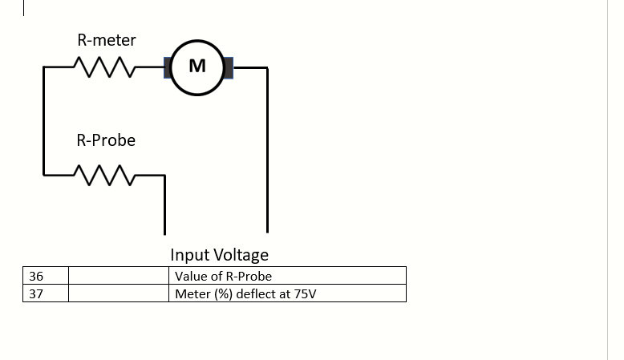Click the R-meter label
106,40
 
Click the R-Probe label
106,140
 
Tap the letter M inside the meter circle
197,67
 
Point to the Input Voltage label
219,255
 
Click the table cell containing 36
46,276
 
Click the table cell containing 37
46,293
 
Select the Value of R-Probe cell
289,276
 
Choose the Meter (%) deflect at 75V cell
289,293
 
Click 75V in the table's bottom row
305,294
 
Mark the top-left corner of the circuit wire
43,68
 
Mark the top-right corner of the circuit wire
266,68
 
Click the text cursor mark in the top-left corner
24,8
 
